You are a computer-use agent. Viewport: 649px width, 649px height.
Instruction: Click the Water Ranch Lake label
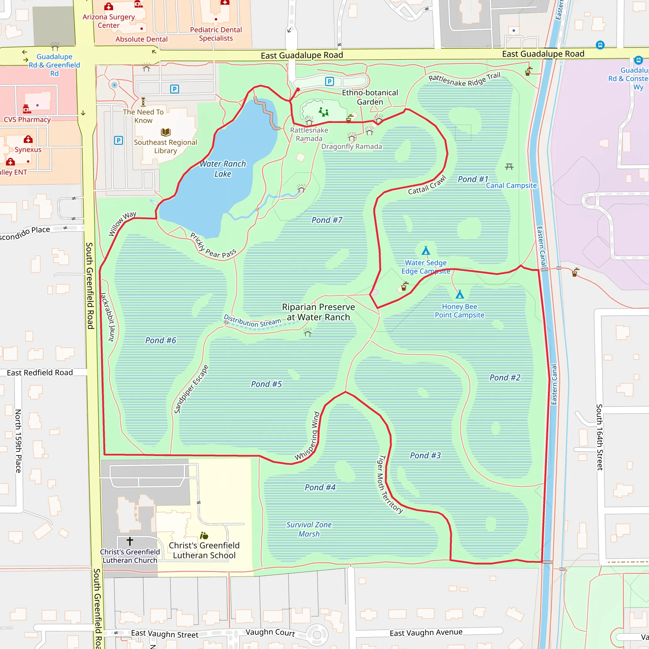(x=223, y=169)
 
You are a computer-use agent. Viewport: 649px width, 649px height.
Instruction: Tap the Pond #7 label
(x=326, y=220)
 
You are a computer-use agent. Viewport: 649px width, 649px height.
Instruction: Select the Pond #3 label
(x=425, y=455)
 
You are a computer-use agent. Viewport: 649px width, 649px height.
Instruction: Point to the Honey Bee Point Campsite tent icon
(x=459, y=295)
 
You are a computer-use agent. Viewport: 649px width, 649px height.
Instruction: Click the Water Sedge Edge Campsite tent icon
(x=426, y=251)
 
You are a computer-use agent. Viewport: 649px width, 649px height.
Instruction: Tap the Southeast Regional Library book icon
(x=166, y=132)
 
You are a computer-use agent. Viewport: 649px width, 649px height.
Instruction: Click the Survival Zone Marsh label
(x=309, y=529)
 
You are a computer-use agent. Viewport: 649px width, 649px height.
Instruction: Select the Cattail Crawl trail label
(x=427, y=185)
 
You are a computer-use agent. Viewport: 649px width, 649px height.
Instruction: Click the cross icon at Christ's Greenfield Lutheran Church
(x=130, y=541)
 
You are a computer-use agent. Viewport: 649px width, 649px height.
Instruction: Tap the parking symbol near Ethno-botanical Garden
(x=330, y=81)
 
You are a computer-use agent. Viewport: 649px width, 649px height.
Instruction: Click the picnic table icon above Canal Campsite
(x=509, y=167)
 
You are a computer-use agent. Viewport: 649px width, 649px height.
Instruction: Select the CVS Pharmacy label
(x=27, y=119)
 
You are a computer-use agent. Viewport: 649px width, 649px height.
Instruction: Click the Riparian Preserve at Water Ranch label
(x=318, y=312)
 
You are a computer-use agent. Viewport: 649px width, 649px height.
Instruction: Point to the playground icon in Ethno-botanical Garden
(x=324, y=112)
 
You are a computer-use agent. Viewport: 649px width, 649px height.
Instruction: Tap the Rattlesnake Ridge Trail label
(x=464, y=79)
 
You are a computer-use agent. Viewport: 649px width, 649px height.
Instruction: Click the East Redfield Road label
(x=40, y=373)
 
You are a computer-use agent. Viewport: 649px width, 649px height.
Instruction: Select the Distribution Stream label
(x=252, y=321)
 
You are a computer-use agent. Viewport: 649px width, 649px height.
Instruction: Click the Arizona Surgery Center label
(x=108, y=21)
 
